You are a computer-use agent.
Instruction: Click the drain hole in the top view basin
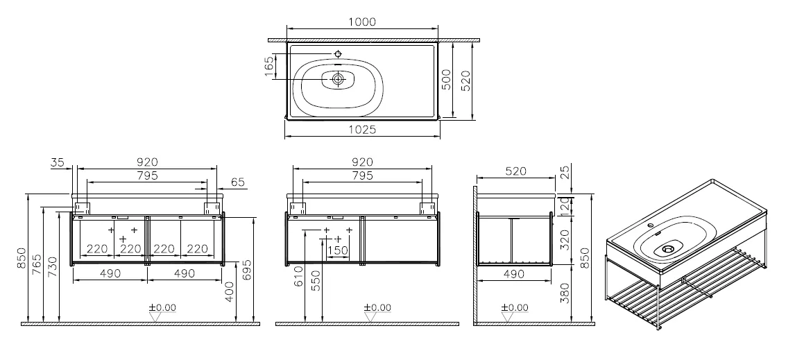click(338, 80)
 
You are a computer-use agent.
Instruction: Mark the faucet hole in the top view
click(338, 54)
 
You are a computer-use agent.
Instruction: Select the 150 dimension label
click(338, 250)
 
